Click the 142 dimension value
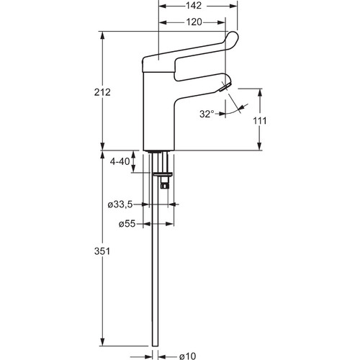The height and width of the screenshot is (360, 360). tap(194, 6)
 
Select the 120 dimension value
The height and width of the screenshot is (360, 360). tap(194, 22)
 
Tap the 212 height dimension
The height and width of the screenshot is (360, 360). tap(102, 92)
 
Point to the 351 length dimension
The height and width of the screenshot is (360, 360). tap(102, 251)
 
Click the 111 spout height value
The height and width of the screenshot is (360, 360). tap(260, 121)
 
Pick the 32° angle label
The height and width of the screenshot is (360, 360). tap(207, 114)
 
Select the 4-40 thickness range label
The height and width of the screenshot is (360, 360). tap(120, 161)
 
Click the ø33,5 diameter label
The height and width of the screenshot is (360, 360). tap(120, 204)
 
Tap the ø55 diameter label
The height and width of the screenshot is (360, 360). tap(127, 224)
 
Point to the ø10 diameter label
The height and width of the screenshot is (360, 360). tap(187, 356)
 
